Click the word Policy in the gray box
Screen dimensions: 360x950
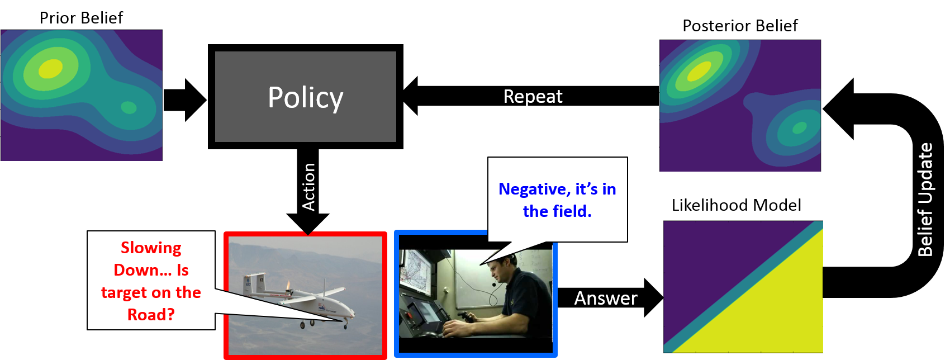305,97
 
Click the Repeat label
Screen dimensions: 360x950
533,97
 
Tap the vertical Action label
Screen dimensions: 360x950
308,187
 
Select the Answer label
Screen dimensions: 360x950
606,299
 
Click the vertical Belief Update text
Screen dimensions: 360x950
925,200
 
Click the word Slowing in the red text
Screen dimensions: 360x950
151,248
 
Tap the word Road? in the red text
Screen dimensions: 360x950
151,315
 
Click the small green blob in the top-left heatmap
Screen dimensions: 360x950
129,107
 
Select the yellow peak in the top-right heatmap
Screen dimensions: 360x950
699,70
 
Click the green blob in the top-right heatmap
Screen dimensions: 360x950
799,128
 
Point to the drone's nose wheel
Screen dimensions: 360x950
345,325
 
